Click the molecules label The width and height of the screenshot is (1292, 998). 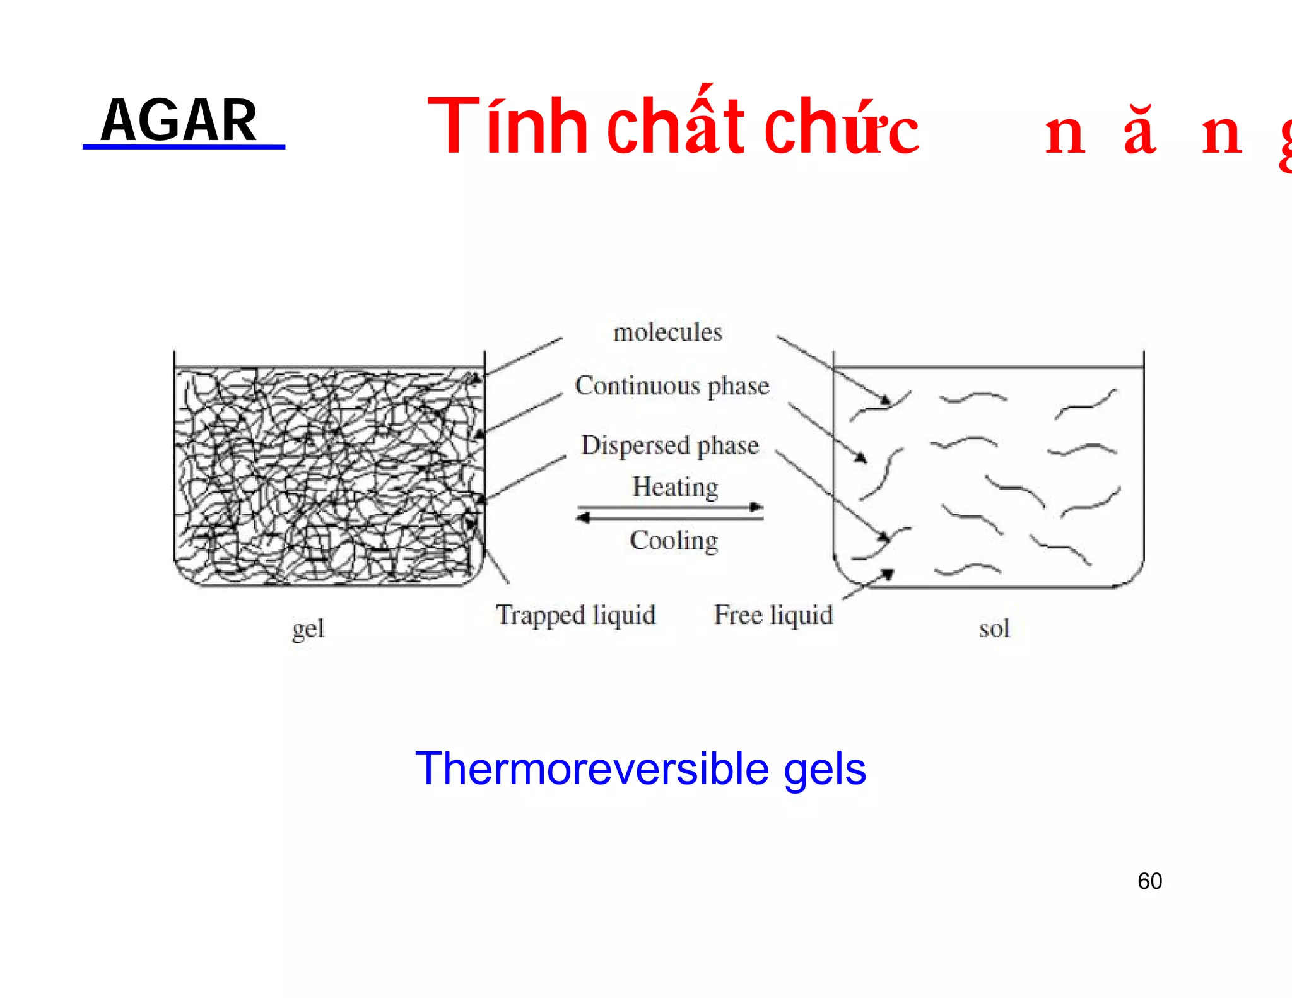[x=667, y=332]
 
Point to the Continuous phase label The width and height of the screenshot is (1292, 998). [x=672, y=386]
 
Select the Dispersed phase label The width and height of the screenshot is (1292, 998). [x=670, y=445]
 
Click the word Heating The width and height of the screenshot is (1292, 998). [x=675, y=487]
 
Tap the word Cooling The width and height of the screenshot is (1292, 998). [x=674, y=541]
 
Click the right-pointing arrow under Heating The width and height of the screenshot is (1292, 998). [x=671, y=507]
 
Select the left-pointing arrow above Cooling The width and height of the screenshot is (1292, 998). [x=671, y=518]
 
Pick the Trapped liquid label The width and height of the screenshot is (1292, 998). [x=576, y=615]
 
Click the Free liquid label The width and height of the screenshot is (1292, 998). [x=773, y=615]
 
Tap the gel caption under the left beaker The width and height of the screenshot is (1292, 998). [x=308, y=629]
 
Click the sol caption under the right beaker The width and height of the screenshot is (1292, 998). [x=994, y=629]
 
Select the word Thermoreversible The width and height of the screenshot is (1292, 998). [x=592, y=769]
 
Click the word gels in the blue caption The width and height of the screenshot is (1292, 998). [x=825, y=770]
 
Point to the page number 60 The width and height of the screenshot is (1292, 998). [x=1149, y=881]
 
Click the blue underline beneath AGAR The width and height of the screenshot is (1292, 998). [x=184, y=147]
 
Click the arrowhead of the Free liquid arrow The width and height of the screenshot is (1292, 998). [x=888, y=573]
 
